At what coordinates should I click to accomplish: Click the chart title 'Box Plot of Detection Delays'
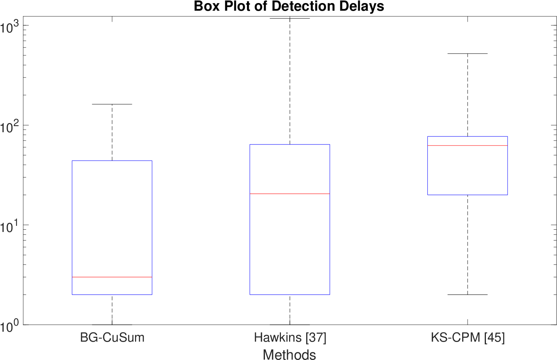[289, 6]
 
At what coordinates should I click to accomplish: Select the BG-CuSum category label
[112, 337]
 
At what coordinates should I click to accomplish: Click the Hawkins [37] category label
[290, 337]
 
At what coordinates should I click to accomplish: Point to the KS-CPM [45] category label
[468, 337]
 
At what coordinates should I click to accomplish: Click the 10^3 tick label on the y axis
[10, 27]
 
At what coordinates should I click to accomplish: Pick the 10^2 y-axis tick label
[10, 126]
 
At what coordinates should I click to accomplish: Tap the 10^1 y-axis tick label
[10, 226]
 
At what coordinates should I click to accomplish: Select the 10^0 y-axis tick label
[10, 326]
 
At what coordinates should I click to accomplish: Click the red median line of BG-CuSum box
[112, 277]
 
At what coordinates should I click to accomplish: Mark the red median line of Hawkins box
[290, 194]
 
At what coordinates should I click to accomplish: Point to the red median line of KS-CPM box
[468, 146]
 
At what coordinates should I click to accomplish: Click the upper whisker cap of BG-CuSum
[112, 104]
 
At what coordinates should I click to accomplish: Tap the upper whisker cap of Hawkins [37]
[290, 18]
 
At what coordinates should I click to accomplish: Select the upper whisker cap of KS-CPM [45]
[468, 54]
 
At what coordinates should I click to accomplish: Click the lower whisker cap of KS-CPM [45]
[468, 295]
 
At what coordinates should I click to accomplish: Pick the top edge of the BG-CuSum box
[112, 161]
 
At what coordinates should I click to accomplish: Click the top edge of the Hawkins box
[290, 144]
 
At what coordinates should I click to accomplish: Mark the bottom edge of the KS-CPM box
[468, 195]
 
